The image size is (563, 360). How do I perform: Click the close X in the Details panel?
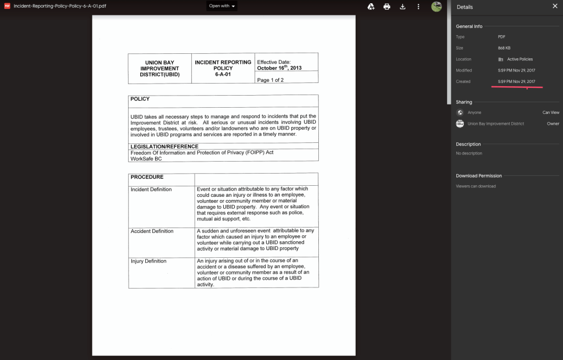click(x=554, y=7)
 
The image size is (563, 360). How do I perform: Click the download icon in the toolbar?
click(x=402, y=7)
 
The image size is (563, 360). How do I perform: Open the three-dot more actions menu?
click(x=418, y=7)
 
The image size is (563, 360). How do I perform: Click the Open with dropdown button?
click(x=222, y=6)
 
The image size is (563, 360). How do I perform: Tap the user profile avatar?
click(x=437, y=7)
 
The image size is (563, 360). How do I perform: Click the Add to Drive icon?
click(x=371, y=7)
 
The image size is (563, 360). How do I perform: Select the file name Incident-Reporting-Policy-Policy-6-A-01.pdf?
click(x=60, y=6)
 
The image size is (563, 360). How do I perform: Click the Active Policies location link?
click(x=520, y=59)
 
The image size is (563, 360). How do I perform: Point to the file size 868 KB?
click(x=504, y=48)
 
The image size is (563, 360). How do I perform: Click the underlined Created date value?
click(x=516, y=82)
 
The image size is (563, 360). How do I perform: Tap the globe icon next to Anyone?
click(x=460, y=113)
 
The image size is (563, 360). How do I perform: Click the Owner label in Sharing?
click(x=553, y=124)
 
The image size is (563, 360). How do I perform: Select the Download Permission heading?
click(x=478, y=176)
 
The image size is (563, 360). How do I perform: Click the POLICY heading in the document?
click(x=140, y=99)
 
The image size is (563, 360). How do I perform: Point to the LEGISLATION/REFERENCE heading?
click(x=164, y=147)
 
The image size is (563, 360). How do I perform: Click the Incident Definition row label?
click(x=151, y=190)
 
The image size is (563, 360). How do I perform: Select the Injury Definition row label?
click(x=148, y=261)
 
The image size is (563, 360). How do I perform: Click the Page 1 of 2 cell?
click(x=271, y=80)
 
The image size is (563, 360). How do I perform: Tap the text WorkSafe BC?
click(x=146, y=159)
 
